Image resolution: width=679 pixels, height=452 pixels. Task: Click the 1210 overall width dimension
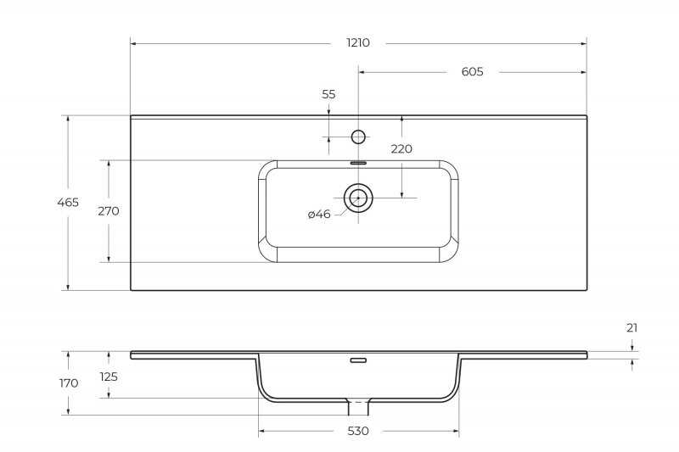click(x=358, y=42)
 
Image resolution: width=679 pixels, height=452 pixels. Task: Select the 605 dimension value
click(x=472, y=72)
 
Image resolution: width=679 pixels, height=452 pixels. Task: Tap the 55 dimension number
click(x=328, y=94)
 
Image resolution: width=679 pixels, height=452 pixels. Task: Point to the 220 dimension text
click(x=401, y=149)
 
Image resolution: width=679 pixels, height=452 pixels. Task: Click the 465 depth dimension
click(x=68, y=203)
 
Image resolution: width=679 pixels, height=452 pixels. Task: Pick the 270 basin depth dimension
click(x=109, y=211)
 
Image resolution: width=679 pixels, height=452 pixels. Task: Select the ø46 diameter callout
click(x=319, y=214)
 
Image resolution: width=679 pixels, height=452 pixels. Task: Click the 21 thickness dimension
click(x=631, y=328)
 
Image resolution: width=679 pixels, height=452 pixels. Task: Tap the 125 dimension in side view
click(x=109, y=377)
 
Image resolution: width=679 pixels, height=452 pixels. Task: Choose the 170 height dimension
click(x=69, y=383)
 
